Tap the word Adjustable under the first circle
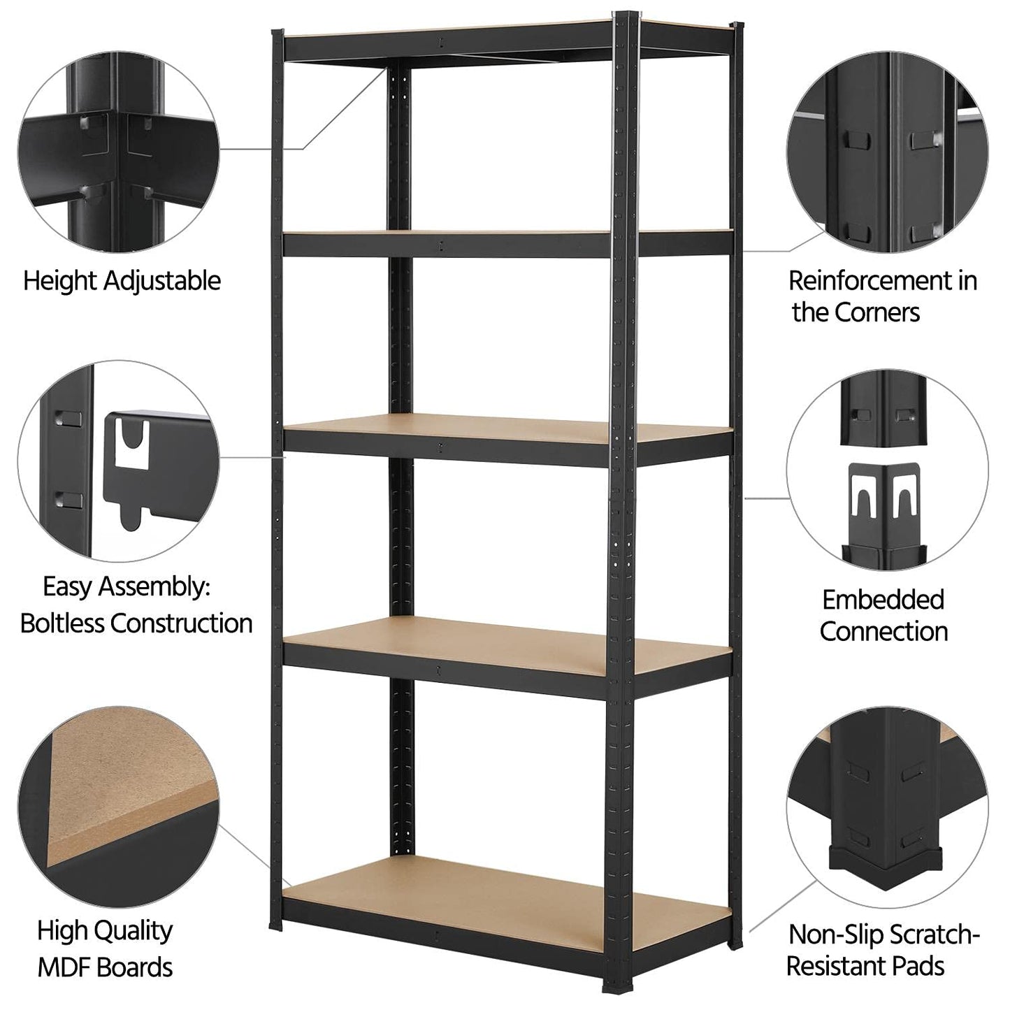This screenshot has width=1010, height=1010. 163,281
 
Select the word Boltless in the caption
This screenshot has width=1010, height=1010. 63,623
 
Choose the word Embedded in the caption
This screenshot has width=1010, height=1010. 883,600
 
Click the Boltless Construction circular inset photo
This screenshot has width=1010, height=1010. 118,461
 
